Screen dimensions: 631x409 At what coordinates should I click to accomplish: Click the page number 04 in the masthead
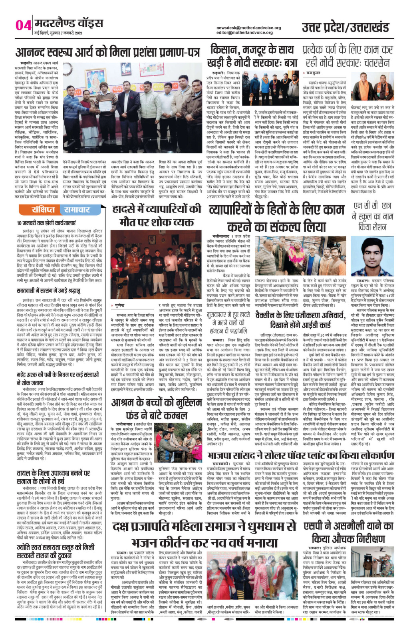coord(23,25)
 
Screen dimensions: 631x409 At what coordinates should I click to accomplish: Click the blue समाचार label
coord(75,210)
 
